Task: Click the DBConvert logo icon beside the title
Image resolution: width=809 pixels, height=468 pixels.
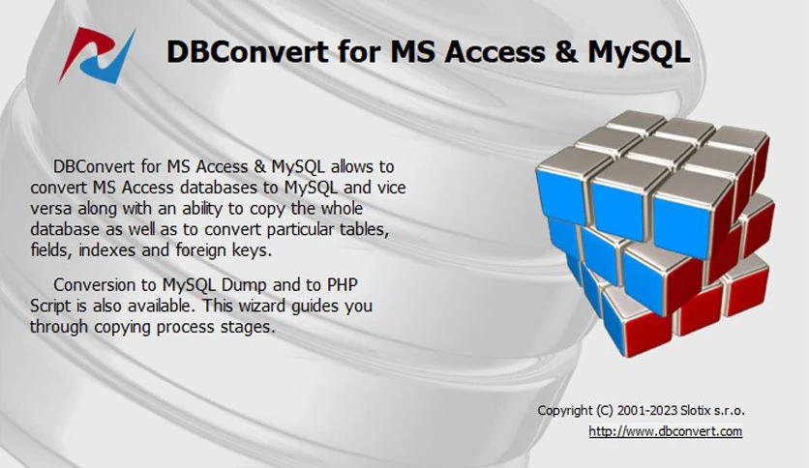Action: click(x=96, y=54)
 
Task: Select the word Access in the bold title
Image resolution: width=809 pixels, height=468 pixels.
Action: click(x=488, y=51)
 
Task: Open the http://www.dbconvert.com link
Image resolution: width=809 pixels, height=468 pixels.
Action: click(x=665, y=431)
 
